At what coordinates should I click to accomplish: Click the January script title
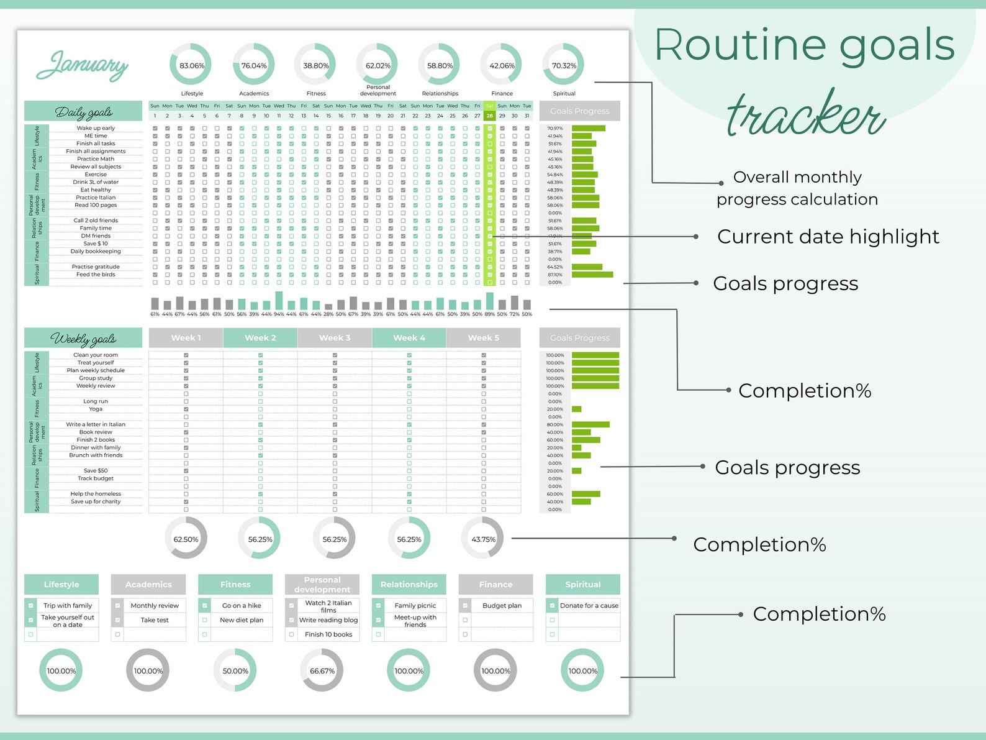tap(82, 66)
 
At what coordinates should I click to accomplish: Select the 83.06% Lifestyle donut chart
tap(192, 65)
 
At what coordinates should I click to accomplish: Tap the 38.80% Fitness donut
tap(316, 65)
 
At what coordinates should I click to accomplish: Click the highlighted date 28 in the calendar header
tap(489, 116)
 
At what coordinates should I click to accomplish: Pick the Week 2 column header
tap(260, 337)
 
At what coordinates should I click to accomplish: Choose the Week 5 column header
tap(484, 337)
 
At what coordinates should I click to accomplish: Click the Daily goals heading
tap(83, 112)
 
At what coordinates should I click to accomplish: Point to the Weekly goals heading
tap(83, 339)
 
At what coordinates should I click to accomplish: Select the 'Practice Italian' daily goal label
tap(96, 198)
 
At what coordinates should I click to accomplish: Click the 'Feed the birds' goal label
tap(96, 275)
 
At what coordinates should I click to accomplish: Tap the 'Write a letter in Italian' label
tap(96, 424)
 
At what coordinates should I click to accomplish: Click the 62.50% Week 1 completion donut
tap(186, 539)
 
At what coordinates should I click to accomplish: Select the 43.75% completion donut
tap(483, 539)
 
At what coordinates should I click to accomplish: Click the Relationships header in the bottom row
tap(409, 584)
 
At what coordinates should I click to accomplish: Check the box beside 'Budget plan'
tap(465, 605)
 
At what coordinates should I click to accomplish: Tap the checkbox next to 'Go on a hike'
tap(204, 605)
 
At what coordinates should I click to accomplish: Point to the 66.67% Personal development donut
tap(322, 670)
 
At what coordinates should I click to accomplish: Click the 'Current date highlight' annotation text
tap(828, 236)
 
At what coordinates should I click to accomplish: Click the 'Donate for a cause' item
tap(589, 605)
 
